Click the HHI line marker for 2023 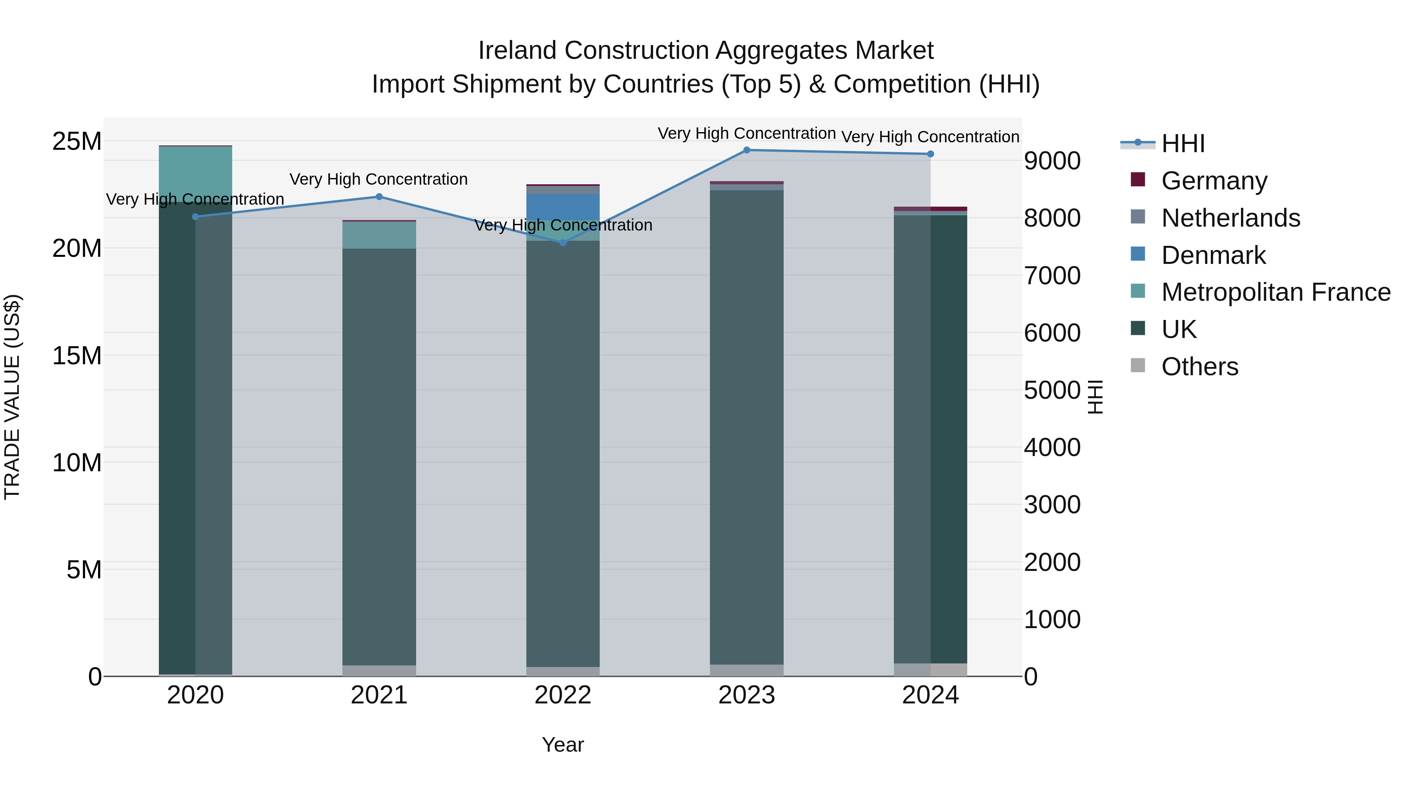point(746,150)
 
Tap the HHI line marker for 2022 point(563,243)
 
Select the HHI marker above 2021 point(379,197)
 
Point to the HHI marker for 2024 point(930,154)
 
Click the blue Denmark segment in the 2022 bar point(563,207)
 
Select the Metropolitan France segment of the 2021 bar point(379,235)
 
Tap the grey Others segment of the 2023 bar point(746,670)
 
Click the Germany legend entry point(1214,181)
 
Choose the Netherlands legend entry point(1230,218)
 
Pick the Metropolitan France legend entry point(1275,292)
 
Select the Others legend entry point(1199,367)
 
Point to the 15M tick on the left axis point(77,356)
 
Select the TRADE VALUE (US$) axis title point(12,397)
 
